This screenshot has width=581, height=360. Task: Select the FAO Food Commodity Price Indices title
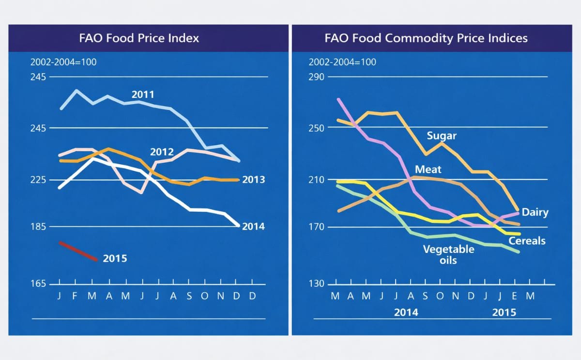pos(426,38)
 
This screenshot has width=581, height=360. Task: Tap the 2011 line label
pos(142,94)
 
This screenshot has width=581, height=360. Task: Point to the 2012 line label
pos(162,152)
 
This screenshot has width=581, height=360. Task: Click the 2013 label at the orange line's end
pos(253,180)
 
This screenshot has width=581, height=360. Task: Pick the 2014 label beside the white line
pos(253,226)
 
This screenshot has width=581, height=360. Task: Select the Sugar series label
pos(442,136)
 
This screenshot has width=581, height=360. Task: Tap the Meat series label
pos(428,170)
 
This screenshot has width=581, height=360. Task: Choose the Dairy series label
pos(535,213)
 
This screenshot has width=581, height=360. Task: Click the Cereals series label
pos(527,241)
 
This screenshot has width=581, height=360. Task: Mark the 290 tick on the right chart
pos(318,77)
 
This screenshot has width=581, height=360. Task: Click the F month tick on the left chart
pos(75,296)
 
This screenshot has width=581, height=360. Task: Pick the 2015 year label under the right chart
pos(504,313)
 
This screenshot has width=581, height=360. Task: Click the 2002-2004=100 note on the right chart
pos(342,62)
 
